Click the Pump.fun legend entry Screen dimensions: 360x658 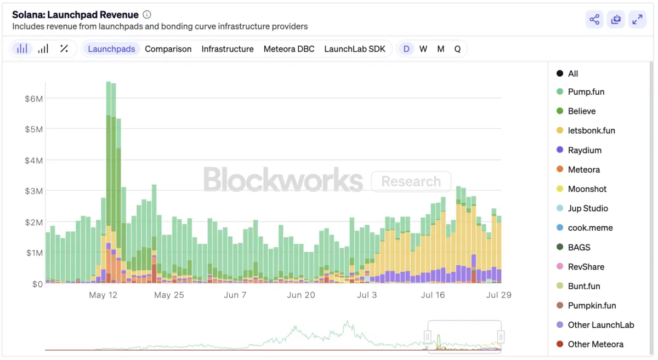(586, 92)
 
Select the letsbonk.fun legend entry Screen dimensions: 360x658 (591, 131)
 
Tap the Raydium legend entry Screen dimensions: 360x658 (585, 150)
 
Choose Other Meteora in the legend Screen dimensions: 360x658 (595, 345)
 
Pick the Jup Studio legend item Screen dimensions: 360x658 (588, 209)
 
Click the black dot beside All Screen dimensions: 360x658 (560, 73)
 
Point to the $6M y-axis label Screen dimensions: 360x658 (34, 99)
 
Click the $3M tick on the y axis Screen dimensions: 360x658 (34, 191)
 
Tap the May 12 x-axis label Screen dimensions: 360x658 (103, 295)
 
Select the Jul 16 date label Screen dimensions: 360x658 (433, 295)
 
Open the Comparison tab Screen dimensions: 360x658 (168, 49)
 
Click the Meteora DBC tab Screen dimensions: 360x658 (289, 49)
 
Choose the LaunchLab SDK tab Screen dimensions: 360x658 (355, 49)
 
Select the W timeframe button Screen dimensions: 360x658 (423, 49)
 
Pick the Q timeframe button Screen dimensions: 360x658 (457, 49)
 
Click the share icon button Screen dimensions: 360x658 (594, 20)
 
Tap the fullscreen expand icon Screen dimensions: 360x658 (637, 20)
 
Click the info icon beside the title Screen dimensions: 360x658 (146, 15)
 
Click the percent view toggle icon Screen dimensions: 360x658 (64, 49)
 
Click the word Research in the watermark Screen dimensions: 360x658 (411, 181)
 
